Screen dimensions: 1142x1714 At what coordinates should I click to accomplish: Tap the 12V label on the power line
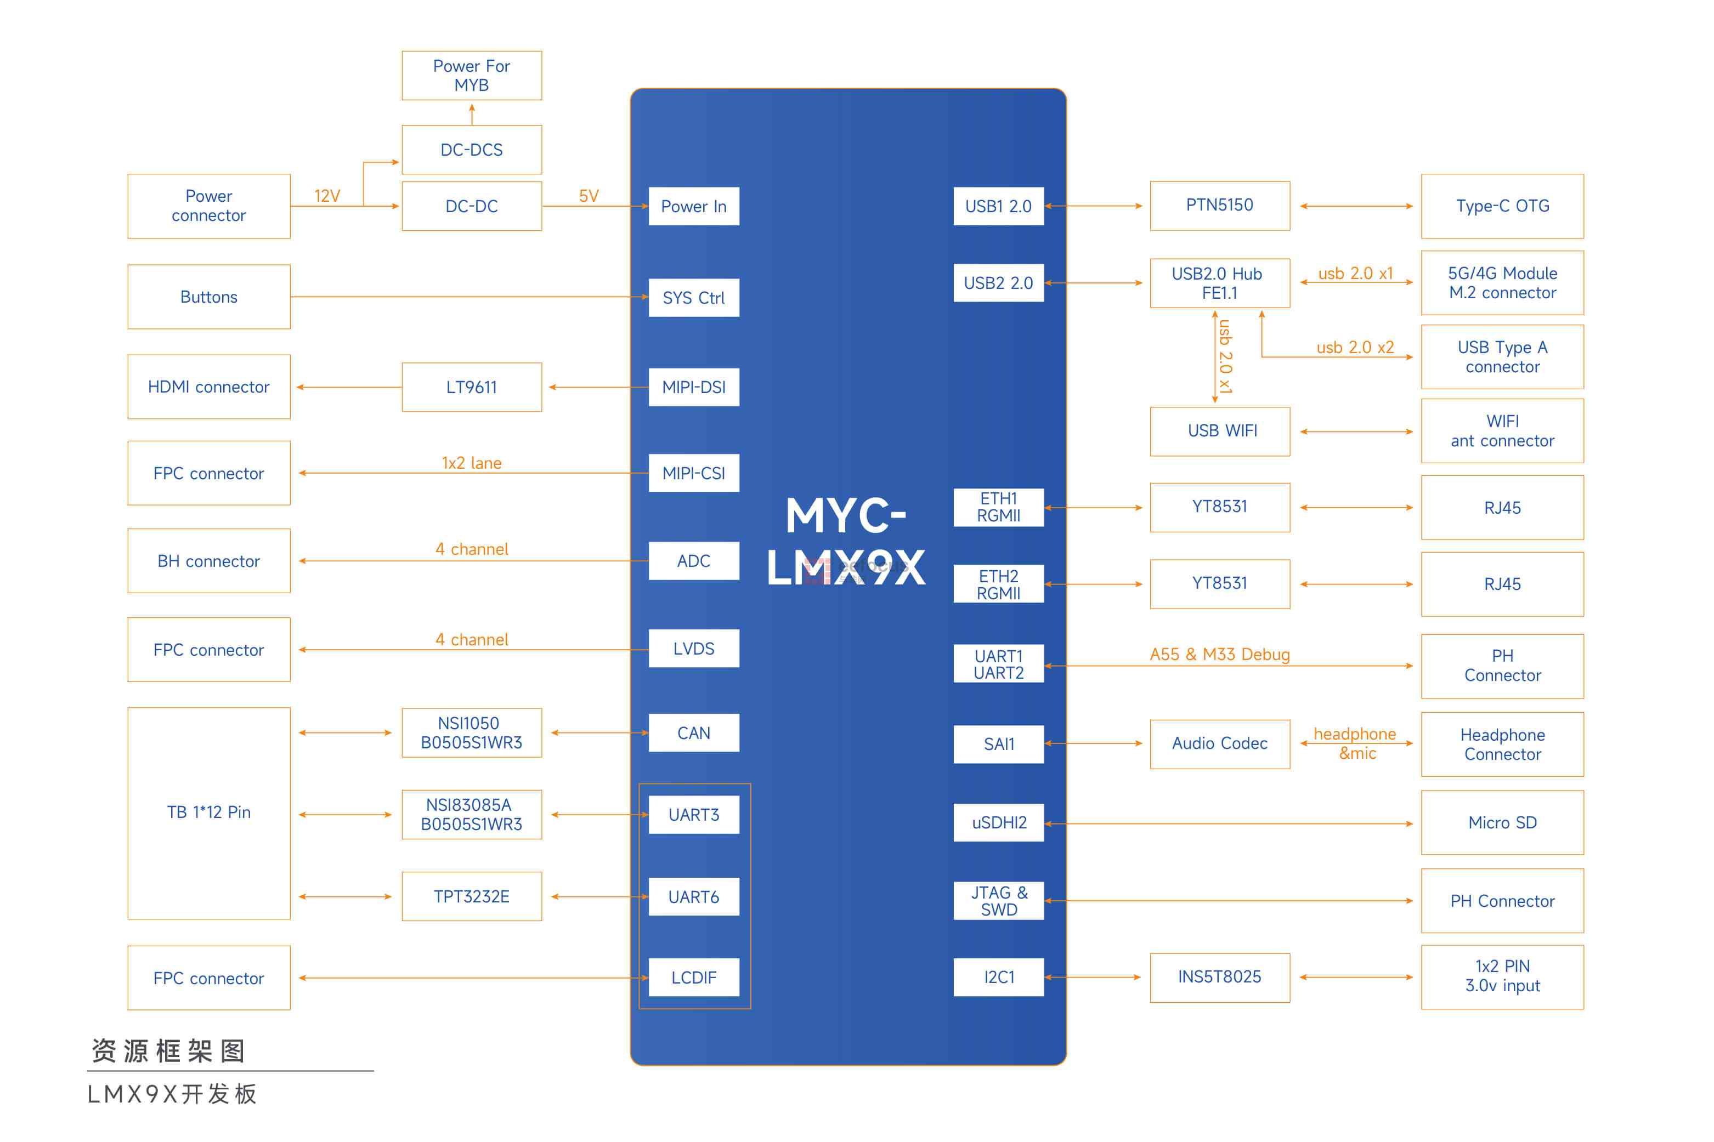pos(327,196)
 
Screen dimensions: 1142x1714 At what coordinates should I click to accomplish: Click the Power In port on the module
pos(693,206)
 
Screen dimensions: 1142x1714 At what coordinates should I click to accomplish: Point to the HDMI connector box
pos(208,387)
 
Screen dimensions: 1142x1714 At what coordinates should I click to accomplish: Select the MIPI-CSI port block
pos(693,473)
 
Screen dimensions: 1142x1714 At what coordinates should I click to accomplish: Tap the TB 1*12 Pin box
pos(208,812)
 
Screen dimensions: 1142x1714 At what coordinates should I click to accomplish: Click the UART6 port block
pos(693,896)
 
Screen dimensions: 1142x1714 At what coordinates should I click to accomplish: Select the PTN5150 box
pos(1219,206)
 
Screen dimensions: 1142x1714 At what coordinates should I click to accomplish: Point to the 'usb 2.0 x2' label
pos(1354,348)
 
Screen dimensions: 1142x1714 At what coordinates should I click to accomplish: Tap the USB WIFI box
pos(1219,430)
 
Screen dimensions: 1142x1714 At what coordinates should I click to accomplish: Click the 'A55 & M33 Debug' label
pos(1219,654)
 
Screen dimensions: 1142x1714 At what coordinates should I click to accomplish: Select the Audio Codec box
pos(1219,743)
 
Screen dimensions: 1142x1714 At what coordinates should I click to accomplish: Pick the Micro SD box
pos(1502,822)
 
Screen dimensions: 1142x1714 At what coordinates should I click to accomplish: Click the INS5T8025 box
pos(1219,976)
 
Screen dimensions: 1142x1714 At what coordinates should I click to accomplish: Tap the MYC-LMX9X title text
pos(846,541)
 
